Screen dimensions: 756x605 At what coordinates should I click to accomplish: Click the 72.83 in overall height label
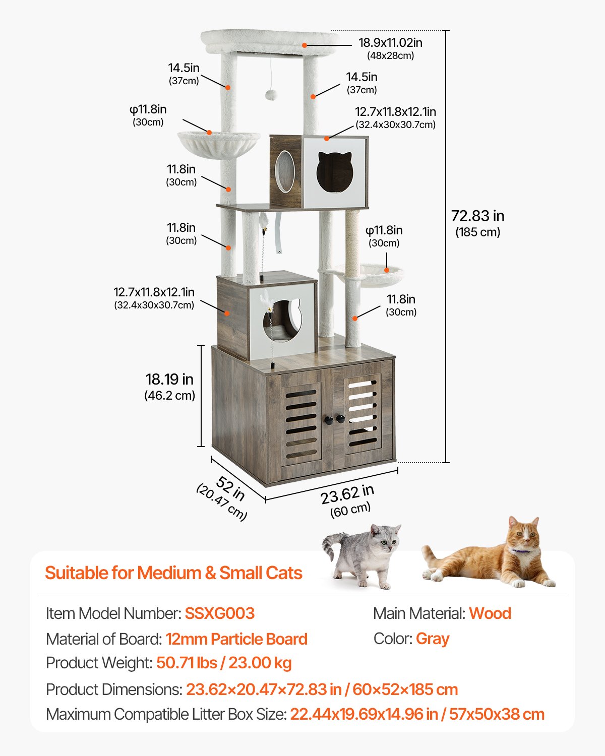[477, 216]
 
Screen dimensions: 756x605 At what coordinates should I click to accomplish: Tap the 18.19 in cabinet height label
[169, 380]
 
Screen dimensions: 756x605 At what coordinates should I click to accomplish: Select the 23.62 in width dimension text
[347, 494]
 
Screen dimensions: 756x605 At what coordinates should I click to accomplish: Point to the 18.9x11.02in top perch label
[390, 43]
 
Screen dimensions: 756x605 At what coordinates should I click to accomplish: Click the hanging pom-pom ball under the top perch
[271, 95]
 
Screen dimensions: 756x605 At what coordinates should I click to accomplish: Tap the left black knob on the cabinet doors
[329, 419]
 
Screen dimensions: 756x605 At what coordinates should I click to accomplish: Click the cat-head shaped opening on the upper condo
[334, 172]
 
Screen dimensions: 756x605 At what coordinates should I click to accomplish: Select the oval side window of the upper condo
[285, 171]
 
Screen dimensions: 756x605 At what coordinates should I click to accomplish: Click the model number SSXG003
[219, 613]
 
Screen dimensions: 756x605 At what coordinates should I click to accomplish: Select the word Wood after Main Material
[490, 613]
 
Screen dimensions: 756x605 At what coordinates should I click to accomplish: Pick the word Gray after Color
[433, 639]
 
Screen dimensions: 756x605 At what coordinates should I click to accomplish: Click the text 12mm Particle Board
[236, 639]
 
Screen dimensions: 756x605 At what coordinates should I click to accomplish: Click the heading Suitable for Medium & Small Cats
[173, 573]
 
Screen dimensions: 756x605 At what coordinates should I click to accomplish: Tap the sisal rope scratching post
[352, 237]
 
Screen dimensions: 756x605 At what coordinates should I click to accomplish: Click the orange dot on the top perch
[305, 45]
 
